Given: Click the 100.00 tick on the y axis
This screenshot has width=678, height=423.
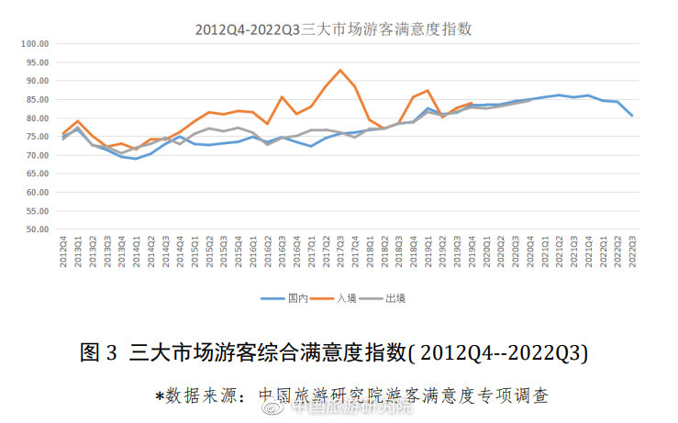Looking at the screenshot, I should pyautogui.click(x=35, y=43).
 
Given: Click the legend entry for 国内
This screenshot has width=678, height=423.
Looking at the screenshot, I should pyautogui.click(x=285, y=298).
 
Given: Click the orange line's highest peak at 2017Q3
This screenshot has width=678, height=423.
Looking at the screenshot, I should pyautogui.click(x=340, y=70).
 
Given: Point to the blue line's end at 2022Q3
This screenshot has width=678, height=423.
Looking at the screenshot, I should pyautogui.click(x=632, y=115).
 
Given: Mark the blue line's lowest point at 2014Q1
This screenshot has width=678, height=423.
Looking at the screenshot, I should pyautogui.click(x=137, y=159).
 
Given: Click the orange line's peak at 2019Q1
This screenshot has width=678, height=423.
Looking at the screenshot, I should pyautogui.click(x=428, y=91).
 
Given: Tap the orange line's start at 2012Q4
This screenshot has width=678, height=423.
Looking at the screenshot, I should pyautogui.click(x=63, y=134).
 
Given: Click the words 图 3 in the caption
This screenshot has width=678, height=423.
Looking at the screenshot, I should pyautogui.click(x=99, y=353).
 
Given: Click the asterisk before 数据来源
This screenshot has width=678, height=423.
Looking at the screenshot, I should pyautogui.click(x=159, y=396).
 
